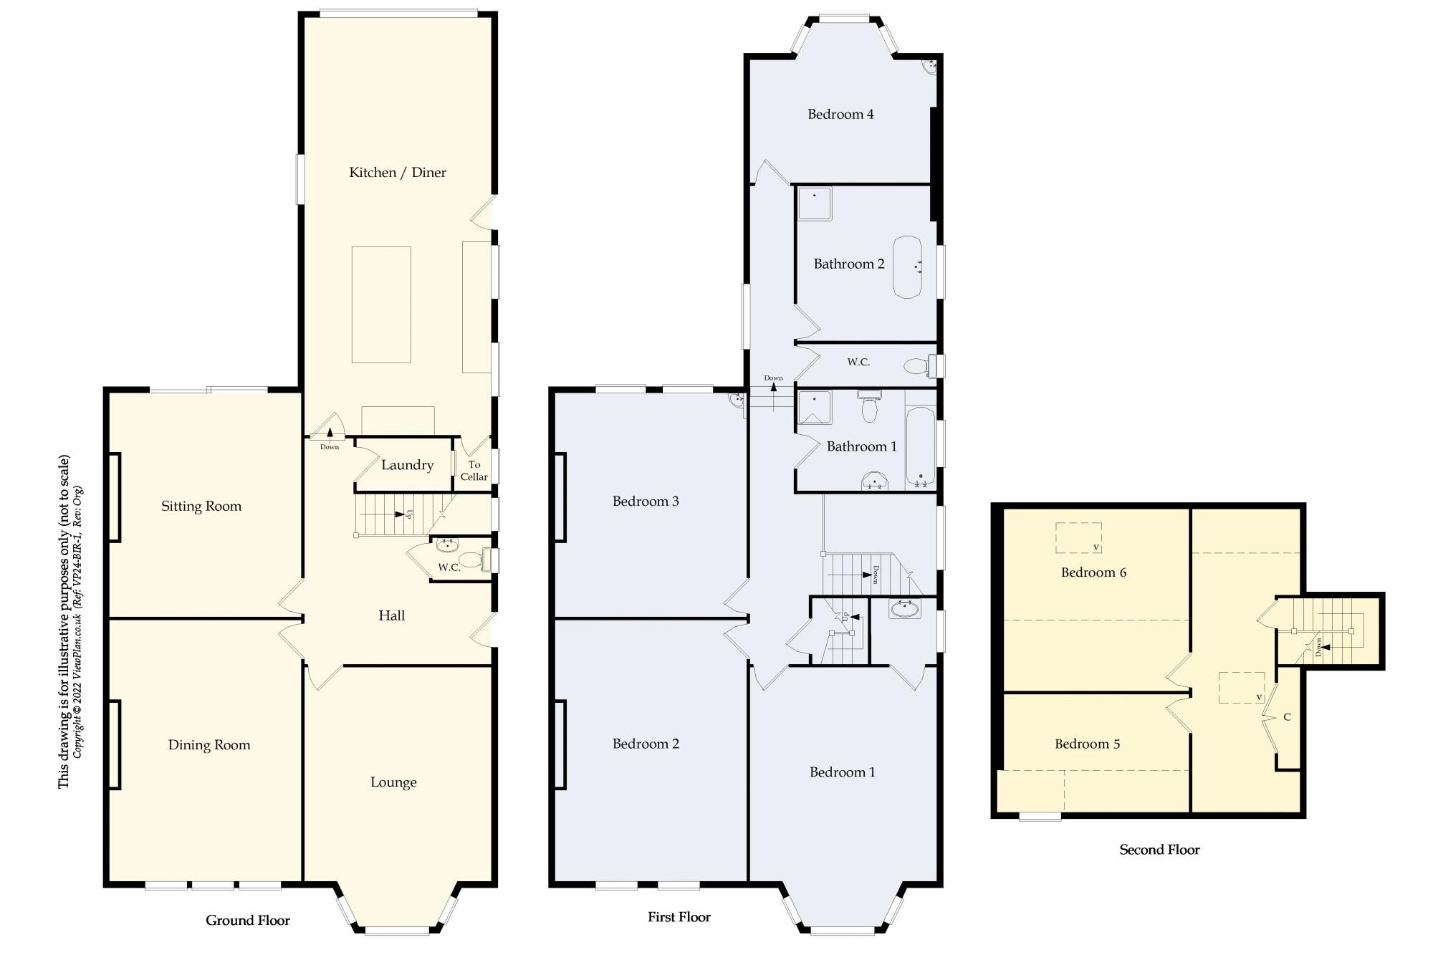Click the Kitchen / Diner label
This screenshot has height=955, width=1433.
[x=397, y=173]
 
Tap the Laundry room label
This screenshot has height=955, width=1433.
[x=407, y=465]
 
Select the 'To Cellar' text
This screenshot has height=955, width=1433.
[x=474, y=471]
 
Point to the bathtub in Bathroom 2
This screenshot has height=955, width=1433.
[x=907, y=267]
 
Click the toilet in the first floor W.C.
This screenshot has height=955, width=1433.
[x=916, y=366]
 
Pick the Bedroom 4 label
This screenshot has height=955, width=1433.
[x=840, y=114]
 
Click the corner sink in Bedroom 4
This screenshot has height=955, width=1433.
[x=930, y=66]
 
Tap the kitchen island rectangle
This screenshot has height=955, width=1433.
[x=381, y=304]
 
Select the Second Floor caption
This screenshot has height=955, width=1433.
[x=1159, y=850]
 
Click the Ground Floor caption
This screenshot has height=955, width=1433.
[x=248, y=921]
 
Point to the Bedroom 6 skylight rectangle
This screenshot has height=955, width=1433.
[x=1078, y=537]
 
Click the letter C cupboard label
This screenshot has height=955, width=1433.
[x=1287, y=717]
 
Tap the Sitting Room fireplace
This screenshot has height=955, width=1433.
[x=113, y=497]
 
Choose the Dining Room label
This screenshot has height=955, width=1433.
[x=209, y=745]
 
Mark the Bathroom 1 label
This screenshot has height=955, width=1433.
[x=861, y=447]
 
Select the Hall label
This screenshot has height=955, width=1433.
[x=391, y=615]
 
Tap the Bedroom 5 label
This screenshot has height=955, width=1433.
[x=1087, y=744]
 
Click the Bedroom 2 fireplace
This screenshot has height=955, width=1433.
[x=560, y=744]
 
